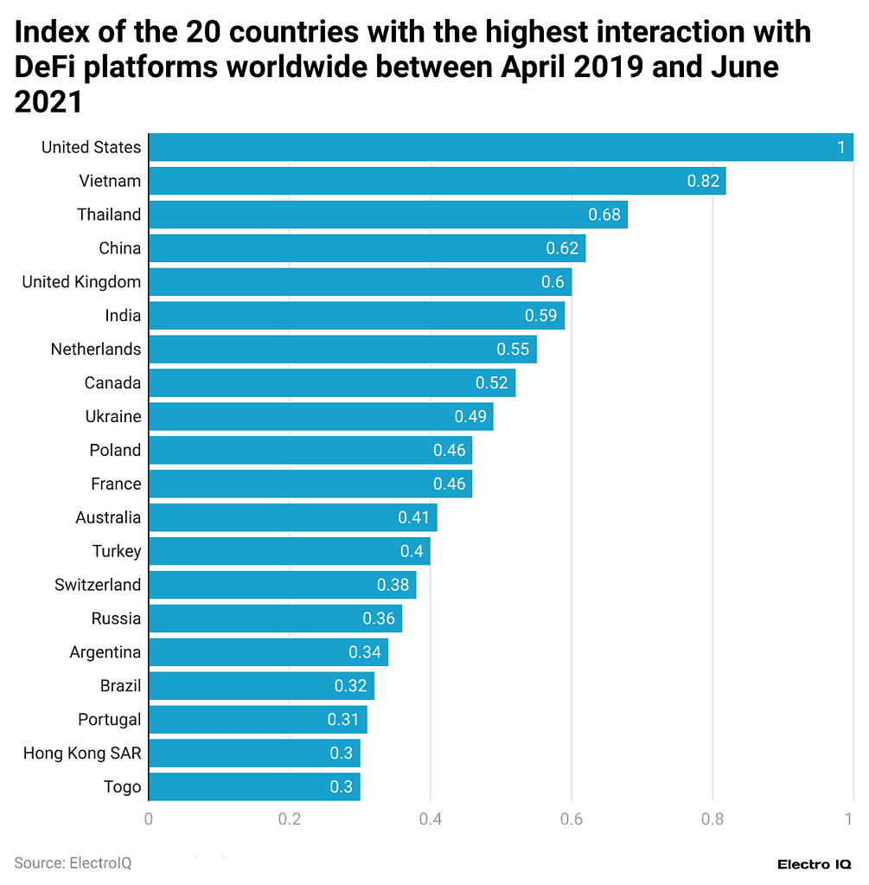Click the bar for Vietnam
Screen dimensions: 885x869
437,181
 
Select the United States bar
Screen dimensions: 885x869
500,147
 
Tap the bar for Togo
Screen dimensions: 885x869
254,787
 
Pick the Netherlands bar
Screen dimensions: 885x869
342,350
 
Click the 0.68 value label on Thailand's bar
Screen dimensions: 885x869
604,215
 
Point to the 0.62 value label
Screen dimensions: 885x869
562,248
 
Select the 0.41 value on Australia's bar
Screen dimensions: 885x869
414,517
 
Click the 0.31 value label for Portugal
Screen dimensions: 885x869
343,720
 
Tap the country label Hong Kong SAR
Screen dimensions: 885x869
82,754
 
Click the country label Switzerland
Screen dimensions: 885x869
98,585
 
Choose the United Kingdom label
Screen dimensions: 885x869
81,282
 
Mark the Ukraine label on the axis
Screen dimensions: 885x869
112,416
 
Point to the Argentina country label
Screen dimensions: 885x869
105,652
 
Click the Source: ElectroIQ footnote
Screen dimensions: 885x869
73,863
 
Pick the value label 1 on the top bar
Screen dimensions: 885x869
841,147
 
